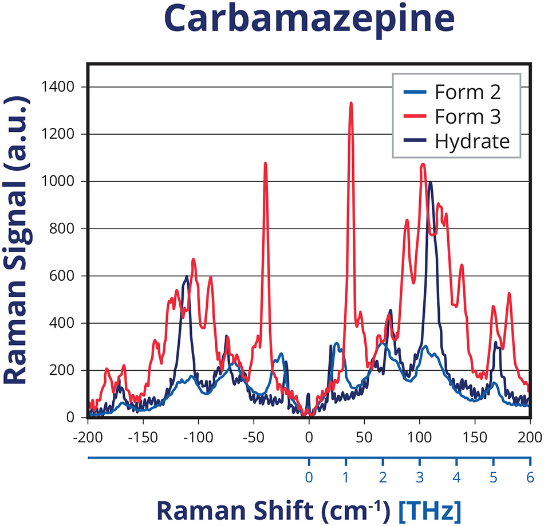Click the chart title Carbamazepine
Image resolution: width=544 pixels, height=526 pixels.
point(309,21)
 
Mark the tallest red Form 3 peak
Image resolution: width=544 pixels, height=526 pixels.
point(351,104)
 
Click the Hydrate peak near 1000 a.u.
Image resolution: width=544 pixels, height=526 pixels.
point(430,183)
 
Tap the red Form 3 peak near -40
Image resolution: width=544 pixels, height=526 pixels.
point(265,164)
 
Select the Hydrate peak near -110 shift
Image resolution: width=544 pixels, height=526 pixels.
point(186,277)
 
